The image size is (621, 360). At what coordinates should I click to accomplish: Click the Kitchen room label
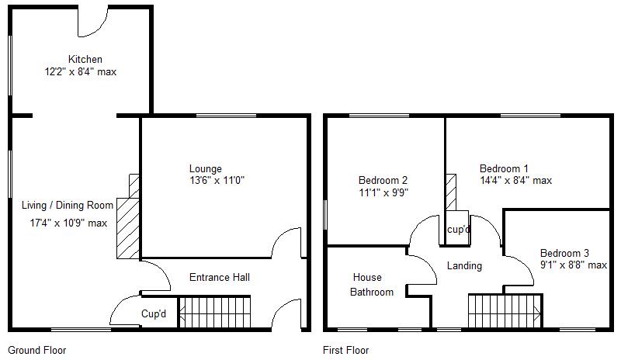coord(85,60)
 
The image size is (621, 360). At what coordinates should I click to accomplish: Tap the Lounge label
coord(205,168)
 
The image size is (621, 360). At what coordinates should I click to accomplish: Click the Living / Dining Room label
coord(68,205)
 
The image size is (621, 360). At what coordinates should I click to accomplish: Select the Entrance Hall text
coord(220,277)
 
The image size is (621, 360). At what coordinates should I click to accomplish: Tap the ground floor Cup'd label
coord(154,314)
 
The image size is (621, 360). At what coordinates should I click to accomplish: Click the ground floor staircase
coord(214,312)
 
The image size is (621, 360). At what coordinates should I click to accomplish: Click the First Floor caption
coord(345,350)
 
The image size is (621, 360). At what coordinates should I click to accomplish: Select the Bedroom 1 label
coord(504,168)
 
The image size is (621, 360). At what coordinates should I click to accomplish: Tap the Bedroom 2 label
coord(383,180)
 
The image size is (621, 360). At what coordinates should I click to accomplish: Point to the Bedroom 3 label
coord(564,253)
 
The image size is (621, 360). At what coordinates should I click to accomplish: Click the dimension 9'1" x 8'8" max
coord(573,265)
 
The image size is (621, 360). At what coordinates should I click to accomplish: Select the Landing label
coord(464,265)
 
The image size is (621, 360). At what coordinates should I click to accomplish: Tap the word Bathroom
coord(371,292)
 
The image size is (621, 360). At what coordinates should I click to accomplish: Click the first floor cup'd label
coord(457,230)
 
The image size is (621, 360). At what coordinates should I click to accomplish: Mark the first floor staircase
coord(503,312)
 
